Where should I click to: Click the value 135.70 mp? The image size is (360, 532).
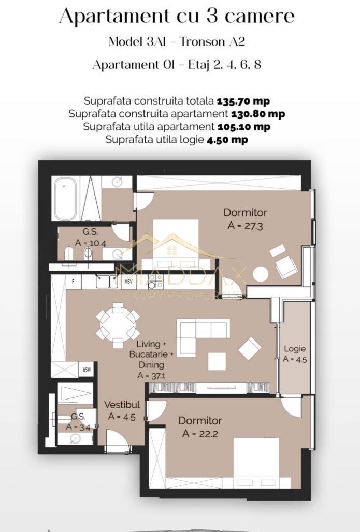[x=243, y=101]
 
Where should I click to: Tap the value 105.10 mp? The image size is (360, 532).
[x=243, y=127]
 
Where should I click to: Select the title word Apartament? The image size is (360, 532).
[x=110, y=17]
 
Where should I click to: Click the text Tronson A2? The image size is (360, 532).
[x=218, y=42]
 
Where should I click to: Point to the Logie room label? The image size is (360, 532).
[x=295, y=349]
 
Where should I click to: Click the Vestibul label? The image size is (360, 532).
[x=120, y=405]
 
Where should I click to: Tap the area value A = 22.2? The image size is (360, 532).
[x=200, y=434]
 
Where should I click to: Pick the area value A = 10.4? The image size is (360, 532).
[x=91, y=242]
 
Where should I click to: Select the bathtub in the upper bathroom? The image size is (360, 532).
[x=65, y=198]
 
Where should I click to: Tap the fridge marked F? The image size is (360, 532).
[x=74, y=282]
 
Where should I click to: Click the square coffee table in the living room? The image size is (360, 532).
[x=217, y=361]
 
